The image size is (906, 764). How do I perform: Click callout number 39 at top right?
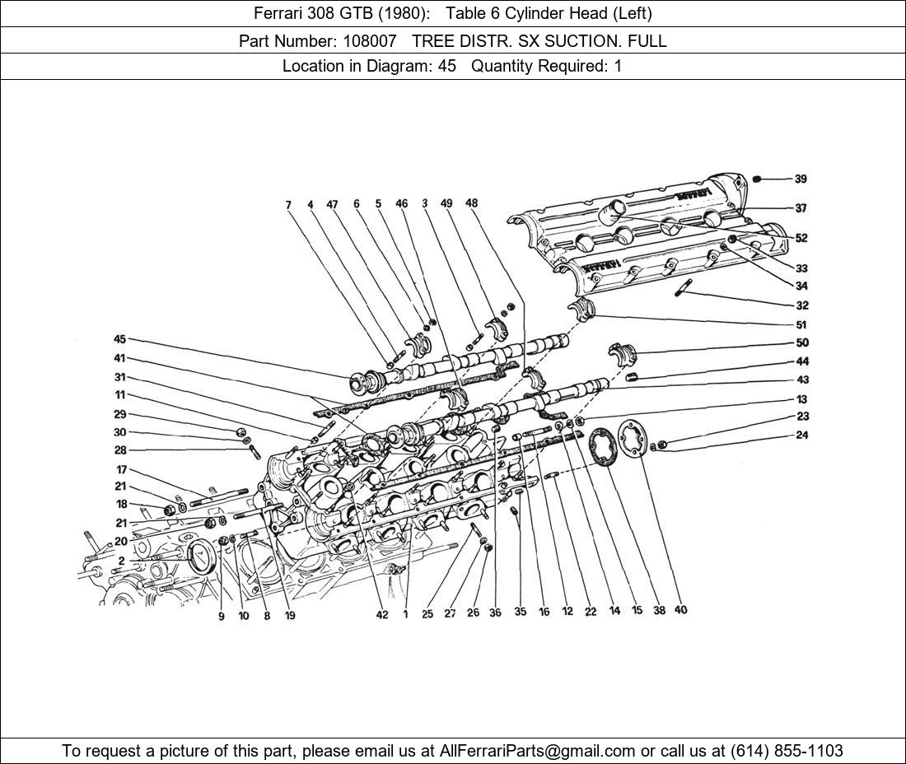[801, 179]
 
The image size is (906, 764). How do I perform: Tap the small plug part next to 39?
[759, 179]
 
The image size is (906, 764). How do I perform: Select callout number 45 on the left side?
[120, 339]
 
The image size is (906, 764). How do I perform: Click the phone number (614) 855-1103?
[787, 751]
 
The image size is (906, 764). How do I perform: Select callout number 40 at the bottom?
[680, 610]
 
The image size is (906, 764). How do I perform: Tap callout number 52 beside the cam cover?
[801, 238]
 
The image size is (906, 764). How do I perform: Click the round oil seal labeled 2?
[203, 557]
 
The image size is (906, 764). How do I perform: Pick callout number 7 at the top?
[288, 205]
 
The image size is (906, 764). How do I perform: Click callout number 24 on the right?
[802, 436]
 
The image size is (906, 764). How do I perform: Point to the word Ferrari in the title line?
[279, 13]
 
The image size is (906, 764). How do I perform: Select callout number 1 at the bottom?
[405, 613]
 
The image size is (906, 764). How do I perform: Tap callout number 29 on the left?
[120, 414]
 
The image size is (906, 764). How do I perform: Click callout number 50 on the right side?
[801, 342]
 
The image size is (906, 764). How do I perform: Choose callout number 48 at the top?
[471, 203]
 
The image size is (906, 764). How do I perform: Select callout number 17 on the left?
[120, 470]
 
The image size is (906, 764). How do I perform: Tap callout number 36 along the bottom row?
[495, 612]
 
